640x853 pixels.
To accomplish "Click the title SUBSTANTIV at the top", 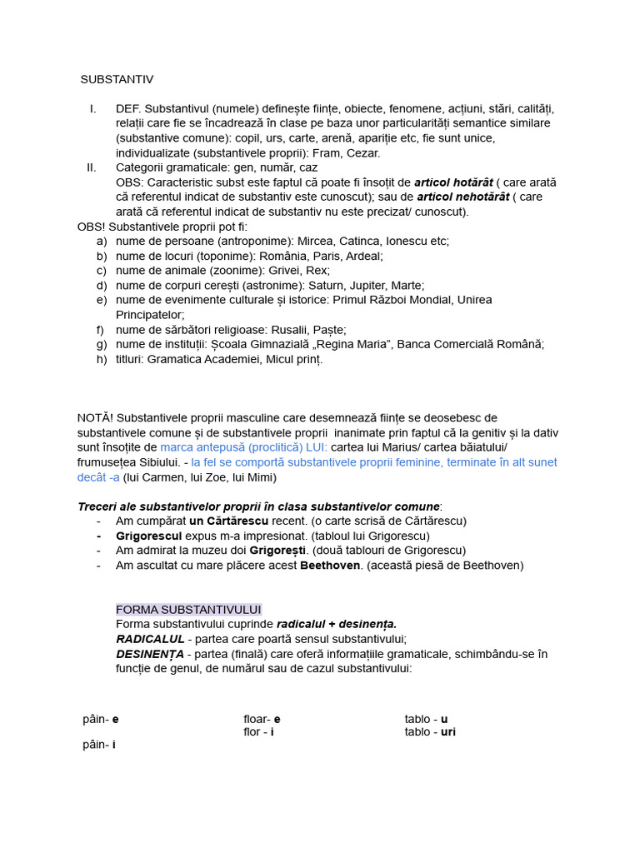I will [117, 79].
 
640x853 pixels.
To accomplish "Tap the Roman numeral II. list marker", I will [91, 167].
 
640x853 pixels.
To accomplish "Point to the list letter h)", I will [102, 359].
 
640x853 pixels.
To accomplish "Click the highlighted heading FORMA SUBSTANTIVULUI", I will [188, 610].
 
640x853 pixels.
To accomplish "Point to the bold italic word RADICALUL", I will [150, 639].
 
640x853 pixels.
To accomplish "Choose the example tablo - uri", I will [430, 732].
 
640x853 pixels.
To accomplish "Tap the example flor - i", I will [258, 732].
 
